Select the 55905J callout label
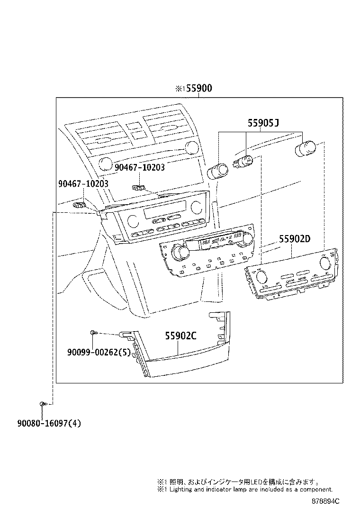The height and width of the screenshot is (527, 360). [262, 123]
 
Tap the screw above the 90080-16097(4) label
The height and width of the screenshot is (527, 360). [43, 404]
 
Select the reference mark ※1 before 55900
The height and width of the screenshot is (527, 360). [180, 89]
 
